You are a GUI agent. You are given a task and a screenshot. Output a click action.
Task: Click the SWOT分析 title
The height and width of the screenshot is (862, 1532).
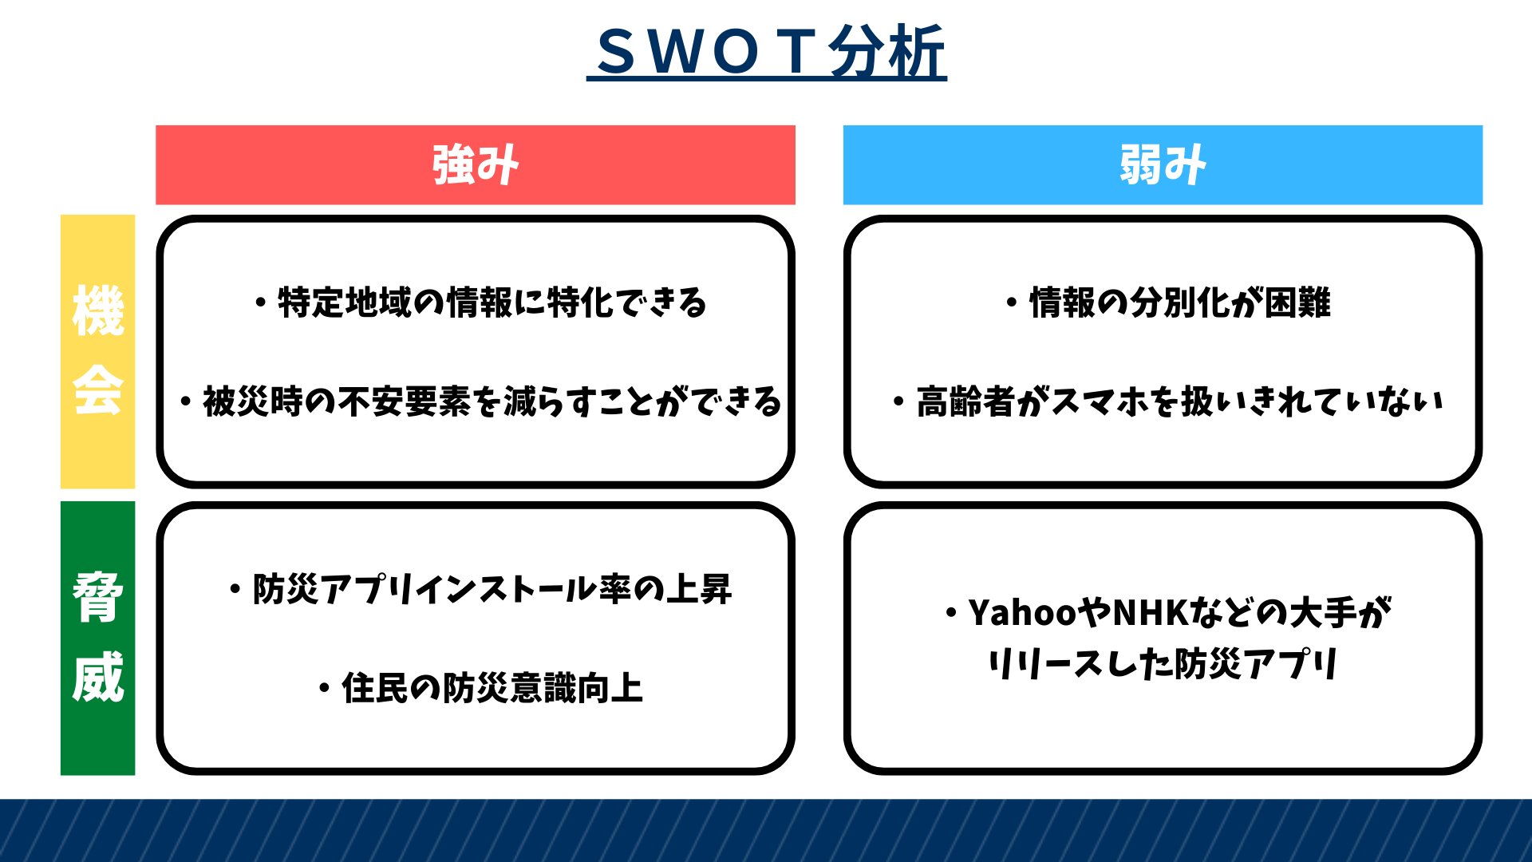point(766,53)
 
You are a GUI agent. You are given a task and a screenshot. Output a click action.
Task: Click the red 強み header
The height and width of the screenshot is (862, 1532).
point(476,164)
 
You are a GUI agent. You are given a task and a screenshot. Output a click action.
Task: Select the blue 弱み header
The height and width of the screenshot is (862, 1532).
point(1163,164)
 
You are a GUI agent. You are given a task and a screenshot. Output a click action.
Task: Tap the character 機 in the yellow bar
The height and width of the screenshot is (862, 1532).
point(98,310)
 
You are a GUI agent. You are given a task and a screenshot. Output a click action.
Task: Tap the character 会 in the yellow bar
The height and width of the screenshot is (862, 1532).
point(98,390)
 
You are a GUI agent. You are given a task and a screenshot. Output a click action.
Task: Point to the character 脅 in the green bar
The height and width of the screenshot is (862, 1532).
point(98,596)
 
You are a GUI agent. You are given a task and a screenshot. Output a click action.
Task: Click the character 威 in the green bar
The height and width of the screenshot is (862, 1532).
point(98,677)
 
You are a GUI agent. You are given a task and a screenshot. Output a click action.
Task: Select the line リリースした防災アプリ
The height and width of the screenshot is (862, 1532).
point(1163,664)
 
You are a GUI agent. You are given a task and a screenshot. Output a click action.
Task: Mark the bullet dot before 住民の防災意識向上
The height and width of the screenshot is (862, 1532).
point(324,689)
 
